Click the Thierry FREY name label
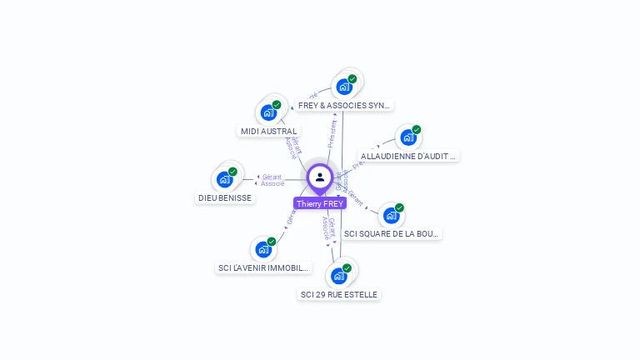coord(320,203)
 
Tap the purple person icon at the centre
coord(320,177)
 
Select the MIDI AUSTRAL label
coord(268,131)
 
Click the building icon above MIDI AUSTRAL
coord(268,112)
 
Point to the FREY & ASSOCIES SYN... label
coord(343,106)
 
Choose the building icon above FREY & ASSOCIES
coord(343,86)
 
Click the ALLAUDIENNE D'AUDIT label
coord(408,156)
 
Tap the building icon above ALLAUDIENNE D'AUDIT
coord(407,137)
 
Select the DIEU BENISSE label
coord(225,197)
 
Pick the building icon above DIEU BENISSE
coord(224,179)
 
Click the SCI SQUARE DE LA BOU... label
coord(391,233)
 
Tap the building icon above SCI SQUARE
coord(391,215)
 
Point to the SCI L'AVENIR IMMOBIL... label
coord(263,268)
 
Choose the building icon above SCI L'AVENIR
coord(263,249)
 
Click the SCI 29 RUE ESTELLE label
coord(339,294)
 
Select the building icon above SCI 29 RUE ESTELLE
coord(338,276)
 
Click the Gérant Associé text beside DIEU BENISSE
coord(272,180)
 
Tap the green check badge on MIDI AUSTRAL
coord(277,105)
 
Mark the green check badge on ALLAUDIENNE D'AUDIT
coord(417,130)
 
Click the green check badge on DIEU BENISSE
coord(232,172)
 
